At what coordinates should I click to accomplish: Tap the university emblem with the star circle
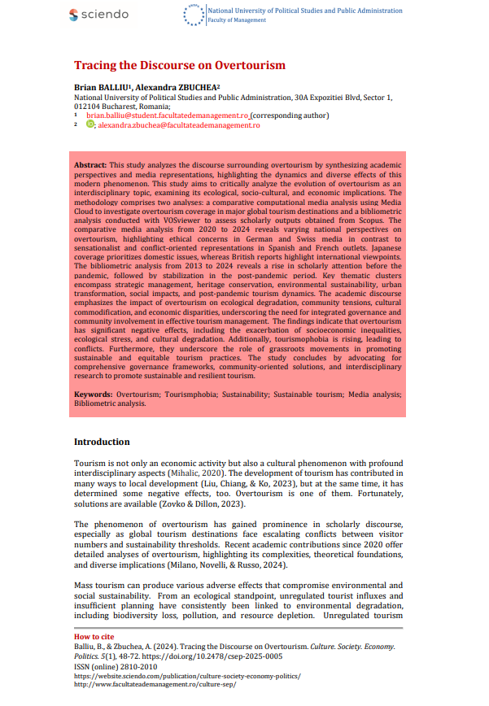point(194,15)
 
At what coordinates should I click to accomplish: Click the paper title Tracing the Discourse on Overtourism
point(180,65)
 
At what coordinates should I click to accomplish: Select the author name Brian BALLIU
point(103,87)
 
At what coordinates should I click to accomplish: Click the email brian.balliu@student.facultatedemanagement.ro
point(167,116)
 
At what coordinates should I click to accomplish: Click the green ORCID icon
point(90,124)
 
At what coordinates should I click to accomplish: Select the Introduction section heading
point(102,442)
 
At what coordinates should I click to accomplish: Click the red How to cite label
point(94,636)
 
